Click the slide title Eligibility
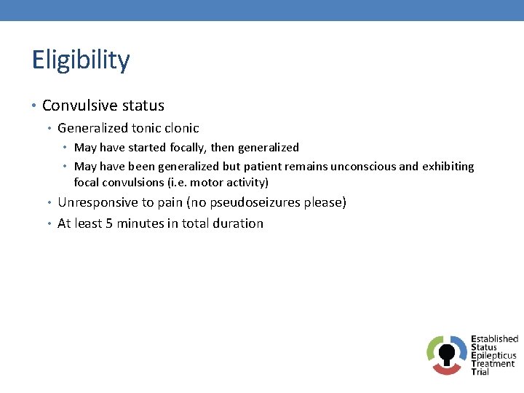pyautogui.click(x=81, y=60)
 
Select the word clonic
pyautogui.click(x=182, y=128)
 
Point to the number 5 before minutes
pyautogui.click(x=109, y=223)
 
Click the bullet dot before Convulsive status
pyautogui.click(x=36, y=106)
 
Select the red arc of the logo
pyautogui.click(x=447, y=370)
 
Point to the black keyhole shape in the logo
pyautogui.click(x=447, y=353)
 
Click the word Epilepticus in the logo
pyautogui.click(x=493, y=356)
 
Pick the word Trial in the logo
pyautogui.click(x=480, y=372)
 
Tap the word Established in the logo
pyautogui.click(x=494, y=339)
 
